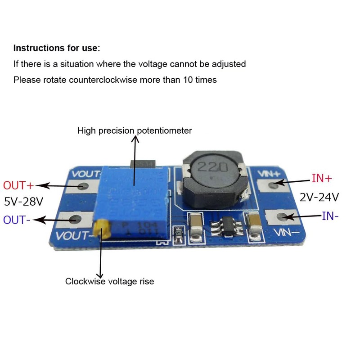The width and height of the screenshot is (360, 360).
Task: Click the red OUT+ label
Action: click(18, 185)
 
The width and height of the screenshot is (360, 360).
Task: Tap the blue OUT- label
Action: click(18, 220)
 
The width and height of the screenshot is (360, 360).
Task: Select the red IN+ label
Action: click(322, 178)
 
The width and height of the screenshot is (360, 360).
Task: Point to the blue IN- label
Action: click(330, 216)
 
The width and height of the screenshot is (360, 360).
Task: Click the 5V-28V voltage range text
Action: click(23, 201)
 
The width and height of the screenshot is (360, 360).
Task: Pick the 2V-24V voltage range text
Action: click(319, 197)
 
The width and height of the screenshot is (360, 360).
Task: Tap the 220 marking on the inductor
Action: click(211, 167)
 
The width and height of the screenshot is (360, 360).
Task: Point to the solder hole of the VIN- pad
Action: click(282, 217)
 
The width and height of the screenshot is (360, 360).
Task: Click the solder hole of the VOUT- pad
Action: click(75, 220)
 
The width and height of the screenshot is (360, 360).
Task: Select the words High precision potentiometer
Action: click(135, 130)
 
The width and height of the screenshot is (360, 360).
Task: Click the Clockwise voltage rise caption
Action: click(109, 281)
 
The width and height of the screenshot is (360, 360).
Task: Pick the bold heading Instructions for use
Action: click(57, 48)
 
